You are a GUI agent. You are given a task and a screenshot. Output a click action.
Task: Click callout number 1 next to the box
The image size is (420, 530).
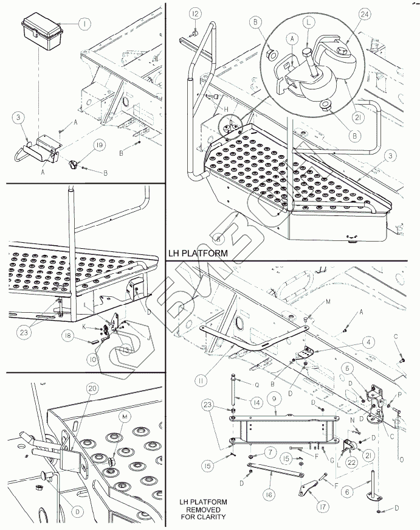point(84,24)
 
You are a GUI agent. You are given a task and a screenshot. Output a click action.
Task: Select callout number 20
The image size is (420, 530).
point(92,388)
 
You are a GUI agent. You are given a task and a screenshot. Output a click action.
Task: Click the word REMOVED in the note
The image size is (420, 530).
point(203,509)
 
